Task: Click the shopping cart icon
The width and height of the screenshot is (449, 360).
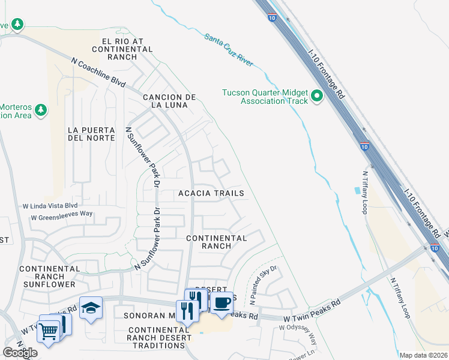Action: click(48, 330)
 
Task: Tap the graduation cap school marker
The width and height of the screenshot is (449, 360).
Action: click(91, 308)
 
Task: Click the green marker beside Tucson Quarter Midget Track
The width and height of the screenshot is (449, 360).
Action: click(316, 96)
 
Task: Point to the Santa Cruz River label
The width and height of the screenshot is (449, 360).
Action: click(229, 50)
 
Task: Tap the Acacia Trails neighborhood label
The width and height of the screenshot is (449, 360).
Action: click(211, 193)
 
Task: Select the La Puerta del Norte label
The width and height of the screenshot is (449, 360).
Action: click(91, 133)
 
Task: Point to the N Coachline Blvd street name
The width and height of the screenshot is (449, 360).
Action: click(98, 72)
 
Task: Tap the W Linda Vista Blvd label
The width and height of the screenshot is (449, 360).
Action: click(50, 205)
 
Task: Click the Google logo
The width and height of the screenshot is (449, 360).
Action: click(20, 353)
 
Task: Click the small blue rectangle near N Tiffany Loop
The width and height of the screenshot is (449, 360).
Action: click(358, 190)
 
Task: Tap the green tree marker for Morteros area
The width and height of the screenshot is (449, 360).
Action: click(41, 110)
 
